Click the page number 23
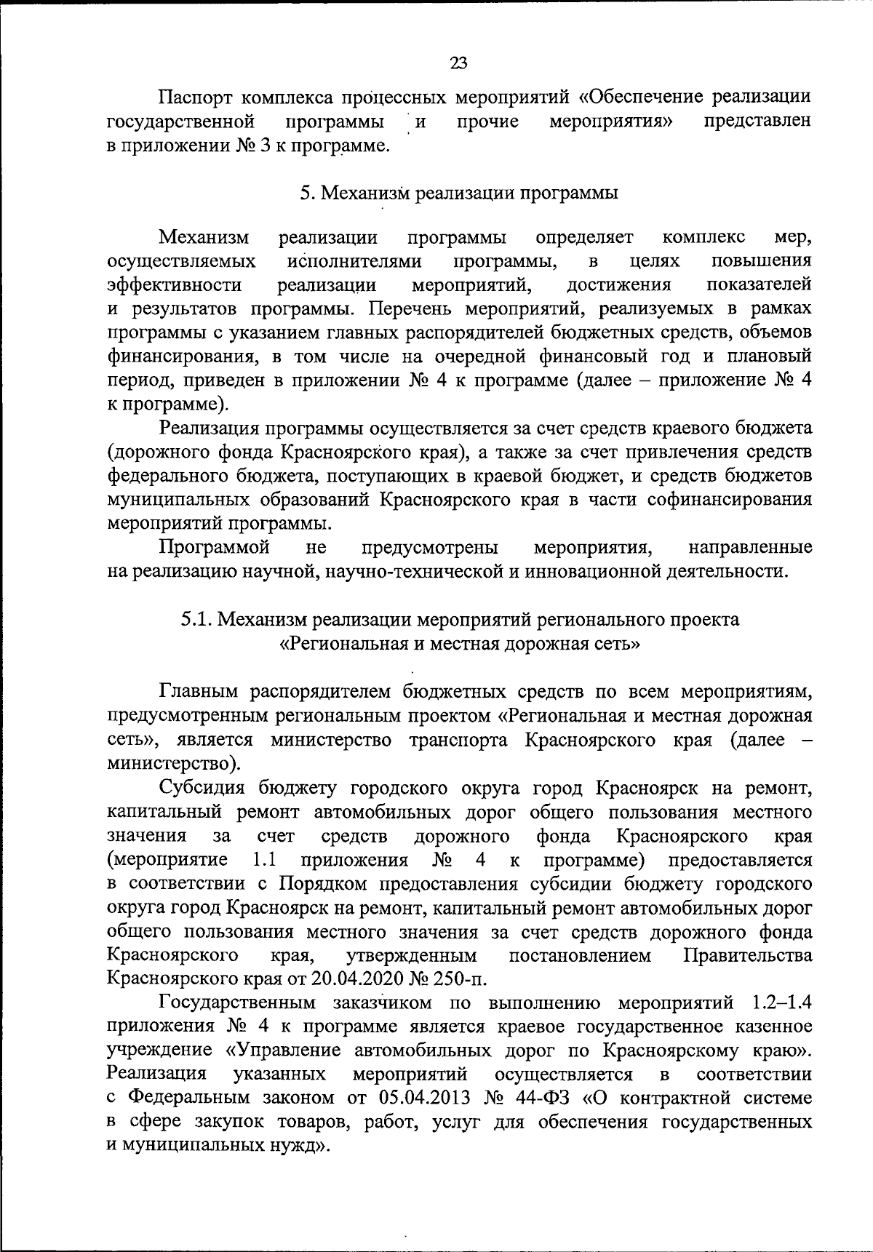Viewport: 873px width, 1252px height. [x=458, y=63]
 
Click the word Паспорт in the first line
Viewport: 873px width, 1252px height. [x=195, y=97]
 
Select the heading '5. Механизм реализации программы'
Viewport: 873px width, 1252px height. [x=458, y=193]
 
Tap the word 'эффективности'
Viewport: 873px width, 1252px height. [x=174, y=284]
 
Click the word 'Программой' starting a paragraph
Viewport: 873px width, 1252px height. [x=215, y=547]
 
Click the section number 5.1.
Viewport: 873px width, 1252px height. [x=196, y=619]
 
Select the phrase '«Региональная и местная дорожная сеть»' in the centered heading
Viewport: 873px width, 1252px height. [x=460, y=644]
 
